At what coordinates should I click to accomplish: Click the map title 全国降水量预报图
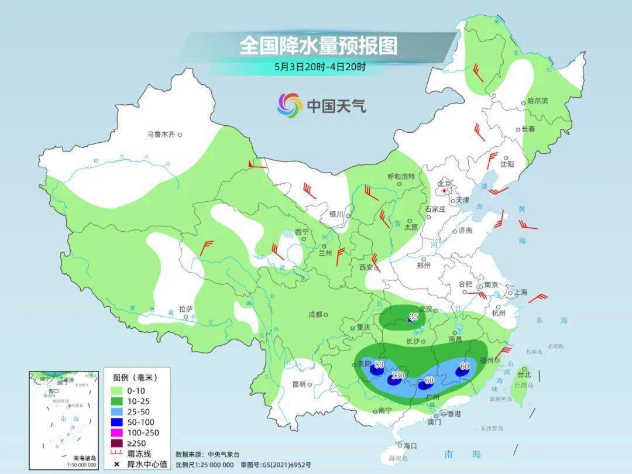coord(318,45)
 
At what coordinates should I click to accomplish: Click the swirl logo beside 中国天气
coord(290,105)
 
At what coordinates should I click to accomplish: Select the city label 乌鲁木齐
coord(161,135)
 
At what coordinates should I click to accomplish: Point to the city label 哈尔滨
coord(537,101)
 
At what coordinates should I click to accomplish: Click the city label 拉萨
coord(186,308)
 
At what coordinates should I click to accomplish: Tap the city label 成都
coord(315,314)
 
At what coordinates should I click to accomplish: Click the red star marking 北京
coord(445,191)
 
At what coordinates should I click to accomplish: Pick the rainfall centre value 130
coord(399,375)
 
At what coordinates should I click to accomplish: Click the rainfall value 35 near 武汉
coord(414,317)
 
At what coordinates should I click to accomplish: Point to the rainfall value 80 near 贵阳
coord(379,365)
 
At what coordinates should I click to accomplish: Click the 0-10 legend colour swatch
coord(115,390)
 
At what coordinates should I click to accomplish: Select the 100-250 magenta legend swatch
coord(115,432)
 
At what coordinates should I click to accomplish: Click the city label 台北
coord(524,374)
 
